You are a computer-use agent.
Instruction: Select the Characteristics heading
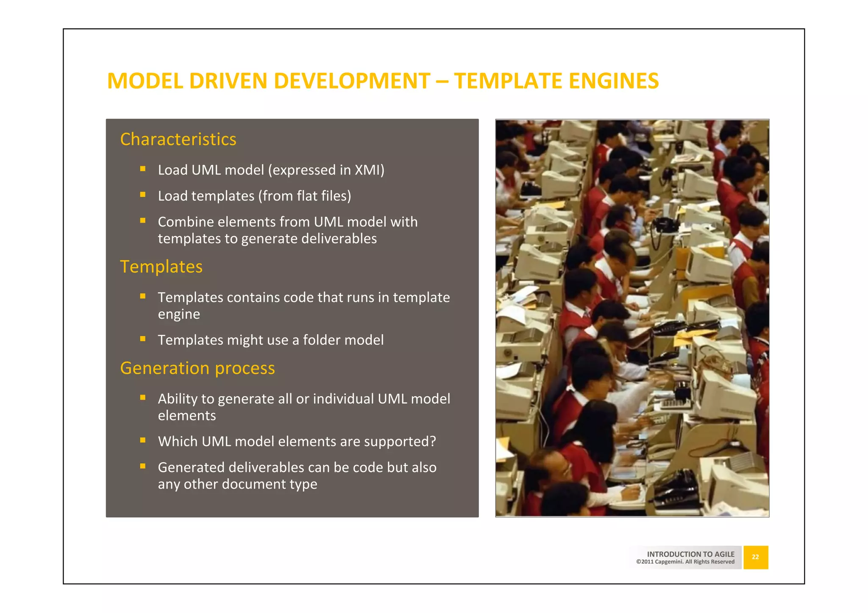coord(178,139)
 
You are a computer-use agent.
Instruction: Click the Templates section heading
coord(161,267)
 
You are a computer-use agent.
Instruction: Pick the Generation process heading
coord(198,368)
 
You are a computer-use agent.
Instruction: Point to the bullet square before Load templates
coord(143,195)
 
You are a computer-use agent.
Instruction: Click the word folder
coord(322,340)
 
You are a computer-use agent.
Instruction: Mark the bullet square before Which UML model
coord(143,440)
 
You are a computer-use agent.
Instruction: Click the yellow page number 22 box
coord(755,557)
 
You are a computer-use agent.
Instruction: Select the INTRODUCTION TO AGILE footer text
coord(690,554)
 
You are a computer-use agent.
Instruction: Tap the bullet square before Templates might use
coord(143,339)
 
